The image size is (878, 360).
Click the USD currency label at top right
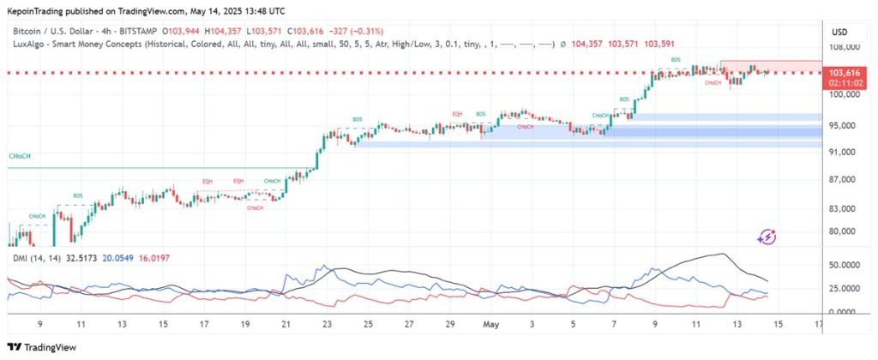pyautogui.click(x=839, y=33)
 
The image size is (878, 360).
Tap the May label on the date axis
pyautogui.click(x=491, y=326)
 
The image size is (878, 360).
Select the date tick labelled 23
pyautogui.click(x=327, y=326)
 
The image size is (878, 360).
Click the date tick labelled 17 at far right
pyautogui.click(x=820, y=326)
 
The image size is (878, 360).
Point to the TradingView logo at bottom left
pyautogui.click(x=43, y=346)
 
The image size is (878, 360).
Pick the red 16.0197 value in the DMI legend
pyautogui.click(x=151, y=255)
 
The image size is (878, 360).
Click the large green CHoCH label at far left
pyautogui.click(x=21, y=157)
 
